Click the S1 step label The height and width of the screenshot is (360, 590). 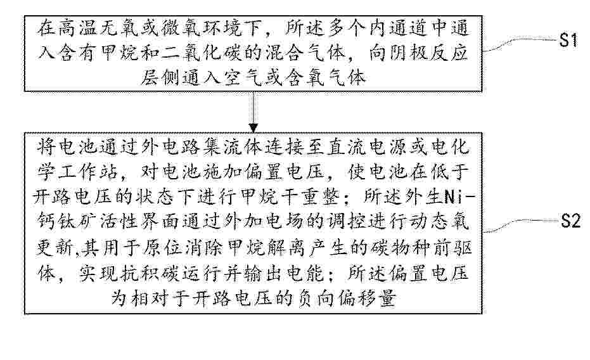(568, 39)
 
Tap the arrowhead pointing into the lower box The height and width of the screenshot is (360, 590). (253, 128)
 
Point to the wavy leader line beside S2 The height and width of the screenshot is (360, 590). (521, 226)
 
